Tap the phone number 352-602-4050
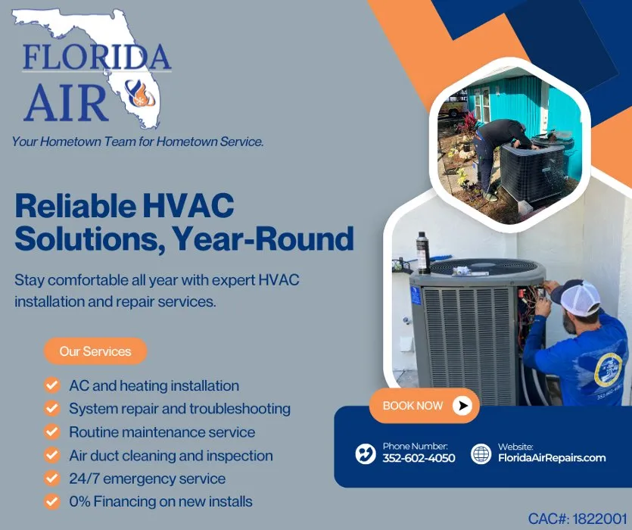(x=419, y=458)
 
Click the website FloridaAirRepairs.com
(x=552, y=458)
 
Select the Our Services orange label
(x=95, y=351)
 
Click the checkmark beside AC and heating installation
(x=52, y=385)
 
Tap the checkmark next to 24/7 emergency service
(x=52, y=479)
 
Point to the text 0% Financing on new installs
(x=160, y=501)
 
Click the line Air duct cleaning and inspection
(x=170, y=455)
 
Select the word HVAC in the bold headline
(x=189, y=206)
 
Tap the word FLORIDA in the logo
(x=97, y=58)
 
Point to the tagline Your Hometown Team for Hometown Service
(x=138, y=142)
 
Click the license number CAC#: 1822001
(x=578, y=519)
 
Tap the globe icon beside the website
(x=481, y=454)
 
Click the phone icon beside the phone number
(x=366, y=454)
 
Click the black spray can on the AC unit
(x=422, y=251)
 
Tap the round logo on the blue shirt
(x=607, y=369)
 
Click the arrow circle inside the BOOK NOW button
(x=462, y=406)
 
